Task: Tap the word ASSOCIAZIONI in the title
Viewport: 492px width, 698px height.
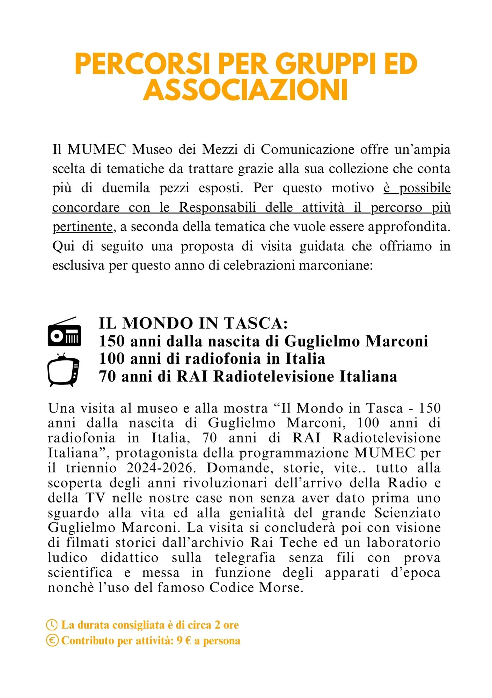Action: (245, 90)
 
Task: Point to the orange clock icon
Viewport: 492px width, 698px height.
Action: (52, 625)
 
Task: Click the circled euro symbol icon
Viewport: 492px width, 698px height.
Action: (52, 640)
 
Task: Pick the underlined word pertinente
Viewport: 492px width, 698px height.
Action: (82, 227)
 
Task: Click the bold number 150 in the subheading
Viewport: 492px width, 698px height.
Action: (112, 341)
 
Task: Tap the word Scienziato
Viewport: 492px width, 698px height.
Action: (407, 513)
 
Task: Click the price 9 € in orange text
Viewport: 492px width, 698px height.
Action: (184, 641)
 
